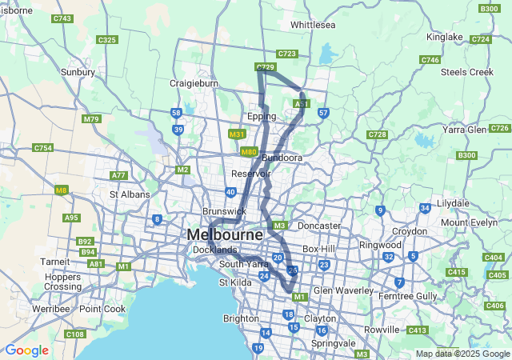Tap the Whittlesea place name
[x=312, y=25]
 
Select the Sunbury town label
[x=78, y=72]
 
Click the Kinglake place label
[x=445, y=37]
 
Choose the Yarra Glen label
[x=465, y=129]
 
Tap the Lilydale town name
[x=453, y=204]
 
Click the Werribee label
[x=51, y=309]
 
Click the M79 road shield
[x=91, y=119]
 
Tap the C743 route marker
[x=62, y=18]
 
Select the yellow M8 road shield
[x=62, y=190]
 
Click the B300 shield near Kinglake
[x=489, y=9]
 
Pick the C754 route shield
[x=42, y=148]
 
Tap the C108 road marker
[x=75, y=334]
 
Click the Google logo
[x=26, y=350]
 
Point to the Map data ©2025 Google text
[x=462, y=354]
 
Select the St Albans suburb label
[x=125, y=194]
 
